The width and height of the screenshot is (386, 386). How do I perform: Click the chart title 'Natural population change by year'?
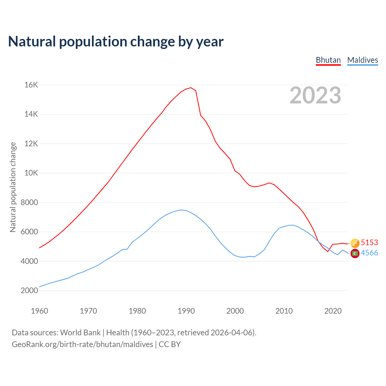116,42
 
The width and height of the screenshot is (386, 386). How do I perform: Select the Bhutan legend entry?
328,60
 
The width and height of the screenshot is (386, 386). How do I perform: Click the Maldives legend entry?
362,60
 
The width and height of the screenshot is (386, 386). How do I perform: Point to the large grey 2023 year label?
315,95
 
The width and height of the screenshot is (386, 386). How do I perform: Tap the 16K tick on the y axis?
31,85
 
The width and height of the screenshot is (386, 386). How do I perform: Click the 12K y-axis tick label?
31,144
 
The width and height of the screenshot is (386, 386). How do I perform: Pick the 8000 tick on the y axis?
30,202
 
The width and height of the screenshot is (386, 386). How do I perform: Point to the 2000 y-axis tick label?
30,291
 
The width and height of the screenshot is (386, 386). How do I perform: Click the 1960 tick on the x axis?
40,311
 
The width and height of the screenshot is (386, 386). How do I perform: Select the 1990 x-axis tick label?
186,311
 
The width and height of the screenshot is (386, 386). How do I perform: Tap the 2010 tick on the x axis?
284,311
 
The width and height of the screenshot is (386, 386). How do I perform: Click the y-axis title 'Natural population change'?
13,187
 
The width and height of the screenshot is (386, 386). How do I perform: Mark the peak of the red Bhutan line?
191,88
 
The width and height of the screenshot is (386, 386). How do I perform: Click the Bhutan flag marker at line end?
355,243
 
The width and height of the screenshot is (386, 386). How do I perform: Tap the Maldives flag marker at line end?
355,253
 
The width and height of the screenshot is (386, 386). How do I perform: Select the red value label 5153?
369,242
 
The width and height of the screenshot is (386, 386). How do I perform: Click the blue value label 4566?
369,253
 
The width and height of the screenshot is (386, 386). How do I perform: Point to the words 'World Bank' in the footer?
80,333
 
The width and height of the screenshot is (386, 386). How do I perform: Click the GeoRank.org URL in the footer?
82,344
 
